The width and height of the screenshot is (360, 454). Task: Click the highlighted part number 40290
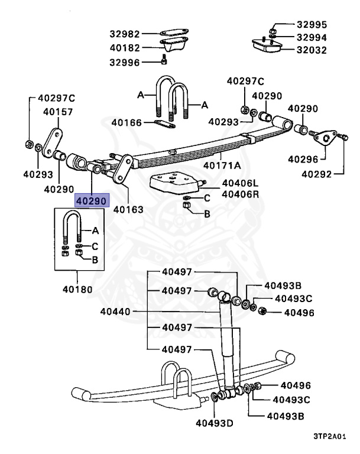coord(90,201)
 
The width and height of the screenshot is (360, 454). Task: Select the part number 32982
coord(125,34)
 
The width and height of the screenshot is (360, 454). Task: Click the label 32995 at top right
coord(312,25)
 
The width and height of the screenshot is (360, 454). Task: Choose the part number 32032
coord(312,50)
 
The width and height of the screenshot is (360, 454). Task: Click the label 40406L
coord(225,184)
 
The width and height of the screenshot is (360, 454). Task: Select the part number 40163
coord(128,209)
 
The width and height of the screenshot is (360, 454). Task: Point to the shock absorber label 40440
coord(115,312)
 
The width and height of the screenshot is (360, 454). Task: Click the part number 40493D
coord(215,423)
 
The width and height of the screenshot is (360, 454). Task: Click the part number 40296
coord(303,159)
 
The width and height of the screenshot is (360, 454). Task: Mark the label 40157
coord(57,111)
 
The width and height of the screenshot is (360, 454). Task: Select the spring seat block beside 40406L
coord(174,184)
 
